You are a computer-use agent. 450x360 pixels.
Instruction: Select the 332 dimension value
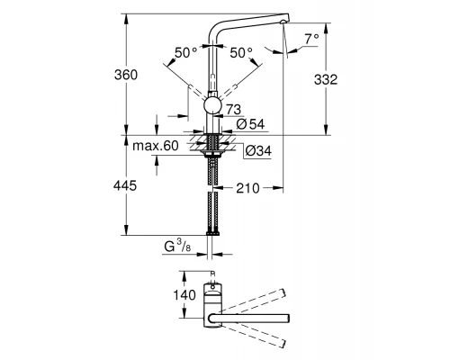tap(327, 80)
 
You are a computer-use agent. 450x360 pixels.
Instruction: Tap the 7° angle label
tap(310, 40)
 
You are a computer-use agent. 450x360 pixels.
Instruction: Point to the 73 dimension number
tap(234, 109)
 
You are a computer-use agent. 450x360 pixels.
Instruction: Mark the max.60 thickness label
tap(158, 146)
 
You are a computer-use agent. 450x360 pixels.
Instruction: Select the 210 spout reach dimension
tap(247, 190)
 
